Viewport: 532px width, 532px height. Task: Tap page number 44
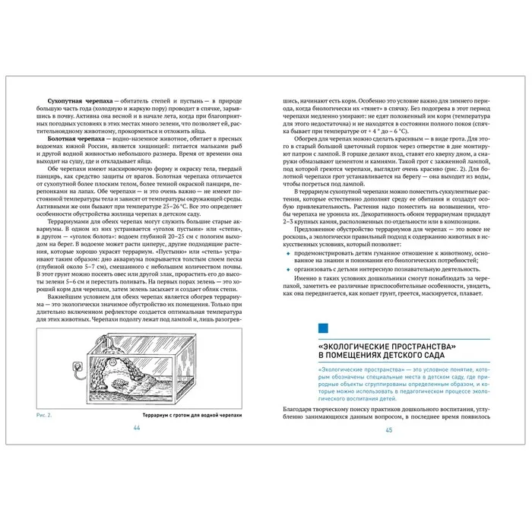137,429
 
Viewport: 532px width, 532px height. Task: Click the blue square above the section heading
323,328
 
